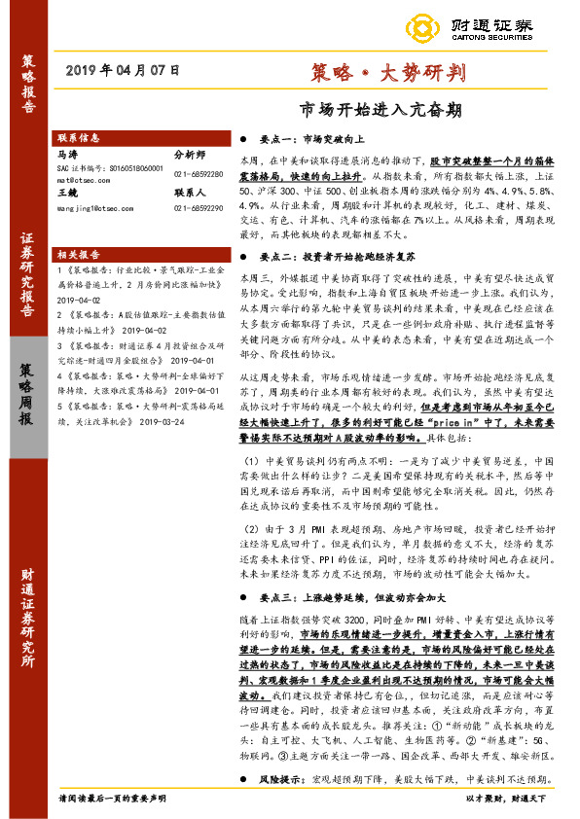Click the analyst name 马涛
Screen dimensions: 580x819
[68, 155]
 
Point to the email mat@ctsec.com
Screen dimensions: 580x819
[83, 180]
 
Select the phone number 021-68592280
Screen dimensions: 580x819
[199, 174]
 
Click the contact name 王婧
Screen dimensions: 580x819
[68, 194]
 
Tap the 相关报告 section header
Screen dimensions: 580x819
[80, 251]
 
